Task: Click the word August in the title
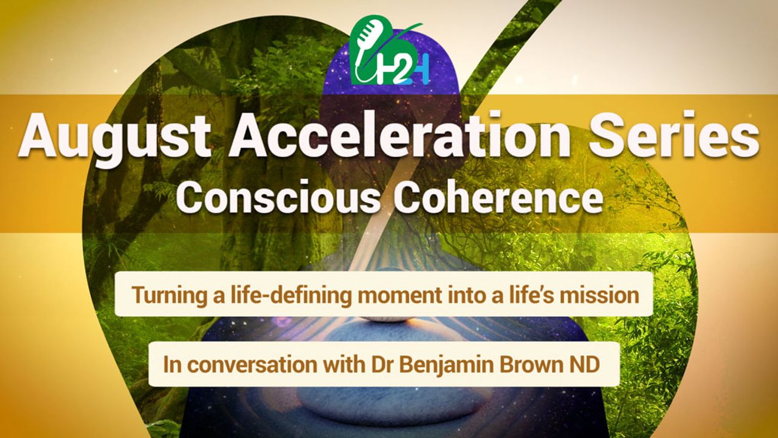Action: click(x=115, y=136)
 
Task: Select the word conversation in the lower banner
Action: click(x=253, y=364)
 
